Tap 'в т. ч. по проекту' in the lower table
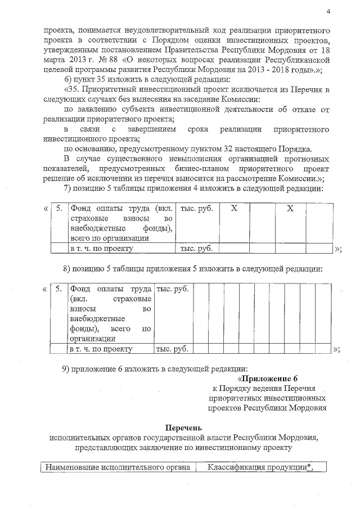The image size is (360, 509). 101,349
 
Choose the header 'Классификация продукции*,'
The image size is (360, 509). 260,467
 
